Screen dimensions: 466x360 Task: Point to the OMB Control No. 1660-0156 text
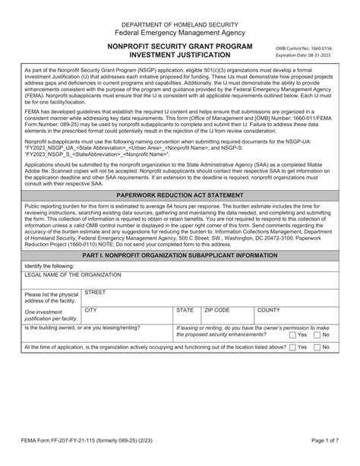[x=304, y=49]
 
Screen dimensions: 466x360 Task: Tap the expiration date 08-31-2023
[x=304, y=55]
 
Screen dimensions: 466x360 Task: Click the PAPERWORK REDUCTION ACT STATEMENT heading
[x=179, y=195]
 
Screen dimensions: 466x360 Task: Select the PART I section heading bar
[x=179, y=255]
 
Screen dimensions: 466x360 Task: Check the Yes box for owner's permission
[x=293, y=334]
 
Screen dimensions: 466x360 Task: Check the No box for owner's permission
[x=317, y=334]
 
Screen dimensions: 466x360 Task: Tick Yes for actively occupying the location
[x=293, y=347]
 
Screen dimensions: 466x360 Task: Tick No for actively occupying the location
[x=317, y=347]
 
